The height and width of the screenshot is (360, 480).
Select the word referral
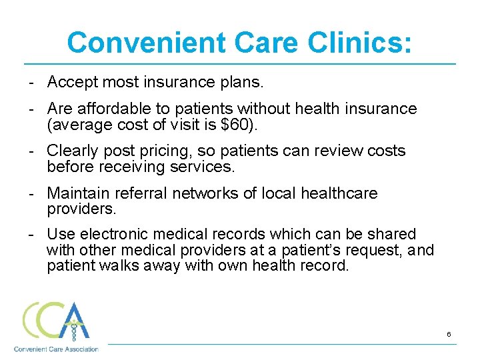pos(139,193)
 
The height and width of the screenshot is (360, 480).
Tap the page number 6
pos(449,334)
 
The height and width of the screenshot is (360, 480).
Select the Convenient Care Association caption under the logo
pos(56,349)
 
